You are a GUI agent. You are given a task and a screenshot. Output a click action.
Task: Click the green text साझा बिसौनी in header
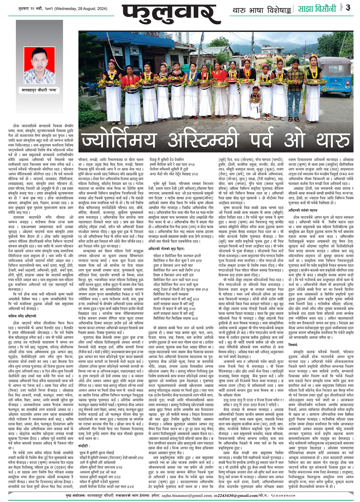[x=317, y=9]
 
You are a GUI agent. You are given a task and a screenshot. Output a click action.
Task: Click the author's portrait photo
[x=40, y=65]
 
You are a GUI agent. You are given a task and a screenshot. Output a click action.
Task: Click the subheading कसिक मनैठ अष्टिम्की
[x=22, y=207]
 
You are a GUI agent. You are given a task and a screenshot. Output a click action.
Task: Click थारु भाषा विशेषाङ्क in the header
[x=262, y=10]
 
